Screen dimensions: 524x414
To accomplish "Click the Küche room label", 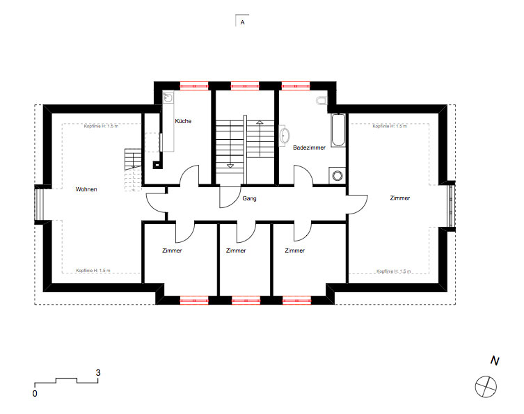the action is point(183,121).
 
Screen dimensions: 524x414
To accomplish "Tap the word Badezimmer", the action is point(309,148).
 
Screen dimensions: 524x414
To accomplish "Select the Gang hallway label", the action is point(249,198).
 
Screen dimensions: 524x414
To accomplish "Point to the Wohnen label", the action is point(86,189).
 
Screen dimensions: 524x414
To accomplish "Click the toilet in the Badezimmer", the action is point(321,101).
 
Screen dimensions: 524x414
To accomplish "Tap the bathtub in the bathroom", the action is point(338,130).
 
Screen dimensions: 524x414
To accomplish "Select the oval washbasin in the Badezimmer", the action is point(285,135).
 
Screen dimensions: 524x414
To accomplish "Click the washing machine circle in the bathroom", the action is point(338,175).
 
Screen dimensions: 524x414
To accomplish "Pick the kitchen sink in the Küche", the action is point(168,97).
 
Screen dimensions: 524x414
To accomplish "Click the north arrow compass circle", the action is point(486,387).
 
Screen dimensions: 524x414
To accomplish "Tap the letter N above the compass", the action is point(495,360).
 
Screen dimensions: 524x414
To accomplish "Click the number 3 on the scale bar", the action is point(98,372).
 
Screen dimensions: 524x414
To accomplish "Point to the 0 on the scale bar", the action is point(35,394).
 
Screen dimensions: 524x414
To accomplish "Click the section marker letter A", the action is point(243,22).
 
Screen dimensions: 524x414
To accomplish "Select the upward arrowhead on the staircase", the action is point(260,122).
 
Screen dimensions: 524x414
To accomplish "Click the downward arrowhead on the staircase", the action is point(230,166).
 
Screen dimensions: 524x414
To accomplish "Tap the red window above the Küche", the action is point(194,86).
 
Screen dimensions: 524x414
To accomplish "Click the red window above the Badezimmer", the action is point(296,86).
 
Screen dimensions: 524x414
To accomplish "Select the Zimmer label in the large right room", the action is point(400,198).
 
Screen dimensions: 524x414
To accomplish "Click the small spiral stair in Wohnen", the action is point(133,170).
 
